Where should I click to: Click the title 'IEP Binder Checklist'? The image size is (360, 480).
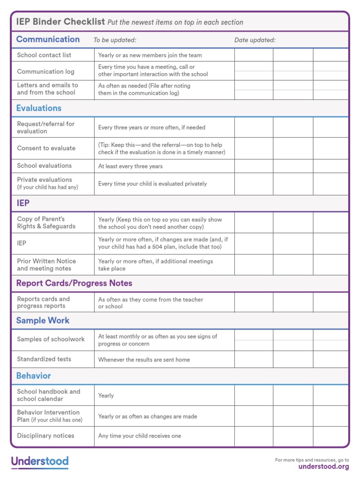(x=60, y=22)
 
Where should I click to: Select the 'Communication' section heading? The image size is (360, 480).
(x=48, y=39)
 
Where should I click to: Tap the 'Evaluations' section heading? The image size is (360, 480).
(x=39, y=108)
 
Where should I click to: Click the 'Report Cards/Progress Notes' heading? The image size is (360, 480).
(x=74, y=283)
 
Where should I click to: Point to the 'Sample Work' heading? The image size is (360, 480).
(x=43, y=321)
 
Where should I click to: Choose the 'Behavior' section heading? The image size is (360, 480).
(x=33, y=376)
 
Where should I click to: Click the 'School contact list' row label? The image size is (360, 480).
(x=44, y=55)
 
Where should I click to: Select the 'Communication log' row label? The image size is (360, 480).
(x=46, y=72)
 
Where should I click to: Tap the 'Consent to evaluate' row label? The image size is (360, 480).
(x=46, y=148)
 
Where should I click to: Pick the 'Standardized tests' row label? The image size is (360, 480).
(x=44, y=359)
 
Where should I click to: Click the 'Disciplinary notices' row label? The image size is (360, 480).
(x=45, y=436)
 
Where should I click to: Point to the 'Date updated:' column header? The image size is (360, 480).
(x=255, y=40)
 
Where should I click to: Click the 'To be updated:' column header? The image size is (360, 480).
(x=115, y=40)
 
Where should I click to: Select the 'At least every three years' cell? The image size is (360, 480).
(x=130, y=166)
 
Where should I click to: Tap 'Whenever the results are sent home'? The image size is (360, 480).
(x=144, y=360)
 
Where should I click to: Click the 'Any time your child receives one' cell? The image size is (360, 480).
(x=139, y=436)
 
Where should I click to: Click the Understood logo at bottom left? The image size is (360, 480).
(x=40, y=462)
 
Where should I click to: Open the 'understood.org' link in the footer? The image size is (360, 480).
(x=323, y=466)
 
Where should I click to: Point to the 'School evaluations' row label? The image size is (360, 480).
(x=44, y=166)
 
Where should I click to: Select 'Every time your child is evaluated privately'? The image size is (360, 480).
(x=152, y=184)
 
